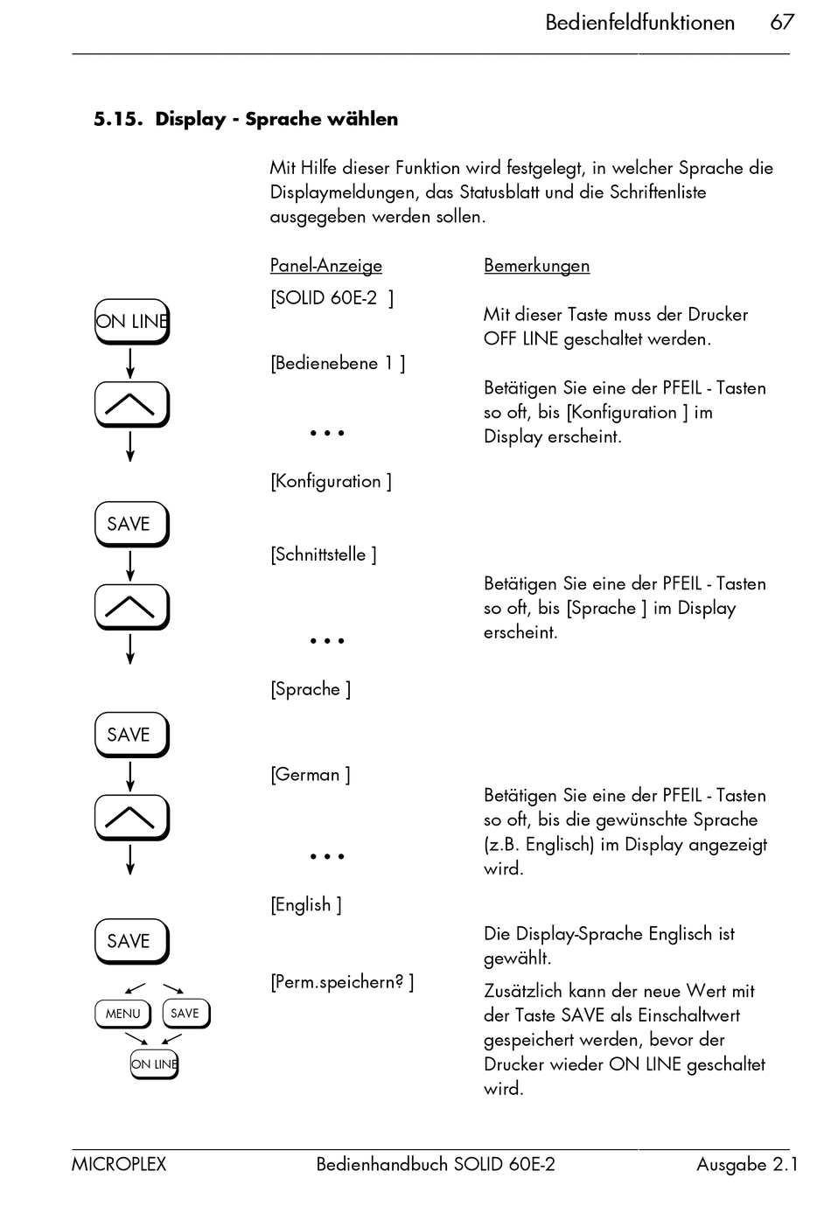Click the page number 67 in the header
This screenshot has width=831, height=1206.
pyautogui.click(x=781, y=23)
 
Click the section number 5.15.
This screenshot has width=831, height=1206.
pyautogui.click(x=118, y=119)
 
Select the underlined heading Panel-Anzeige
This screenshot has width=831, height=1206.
pyautogui.click(x=325, y=265)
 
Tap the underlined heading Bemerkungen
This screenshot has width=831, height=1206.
pyautogui.click(x=536, y=265)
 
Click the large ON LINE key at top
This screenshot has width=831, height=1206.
pyautogui.click(x=131, y=321)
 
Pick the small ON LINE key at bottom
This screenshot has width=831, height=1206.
pyautogui.click(x=154, y=1063)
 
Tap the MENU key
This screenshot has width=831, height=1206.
pyautogui.click(x=122, y=1014)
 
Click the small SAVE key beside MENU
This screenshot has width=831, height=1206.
pyautogui.click(x=185, y=1014)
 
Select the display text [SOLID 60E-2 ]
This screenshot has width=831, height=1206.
pyautogui.click(x=332, y=298)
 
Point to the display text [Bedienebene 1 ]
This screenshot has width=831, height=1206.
pyautogui.click(x=337, y=363)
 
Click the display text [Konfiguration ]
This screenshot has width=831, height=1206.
pyautogui.click(x=331, y=481)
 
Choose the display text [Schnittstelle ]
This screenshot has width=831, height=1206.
pyautogui.click(x=323, y=554)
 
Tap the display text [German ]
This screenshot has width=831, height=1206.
pyautogui.click(x=310, y=775)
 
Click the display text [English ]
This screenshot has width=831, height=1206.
pyautogui.click(x=305, y=904)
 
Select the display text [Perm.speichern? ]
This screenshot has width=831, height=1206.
pyautogui.click(x=341, y=982)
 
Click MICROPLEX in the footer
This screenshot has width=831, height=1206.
pyautogui.click(x=119, y=1164)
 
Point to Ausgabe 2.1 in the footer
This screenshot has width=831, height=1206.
pyautogui.click(x=747, y=1164)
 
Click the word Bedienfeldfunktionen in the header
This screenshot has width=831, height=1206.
pyautogui.click(x=639, y=23)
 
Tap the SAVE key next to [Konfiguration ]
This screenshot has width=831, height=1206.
pyautogui.click(x=130, y=524)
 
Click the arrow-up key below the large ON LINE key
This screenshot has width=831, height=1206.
pyautogui.click(x=130, y=404)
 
